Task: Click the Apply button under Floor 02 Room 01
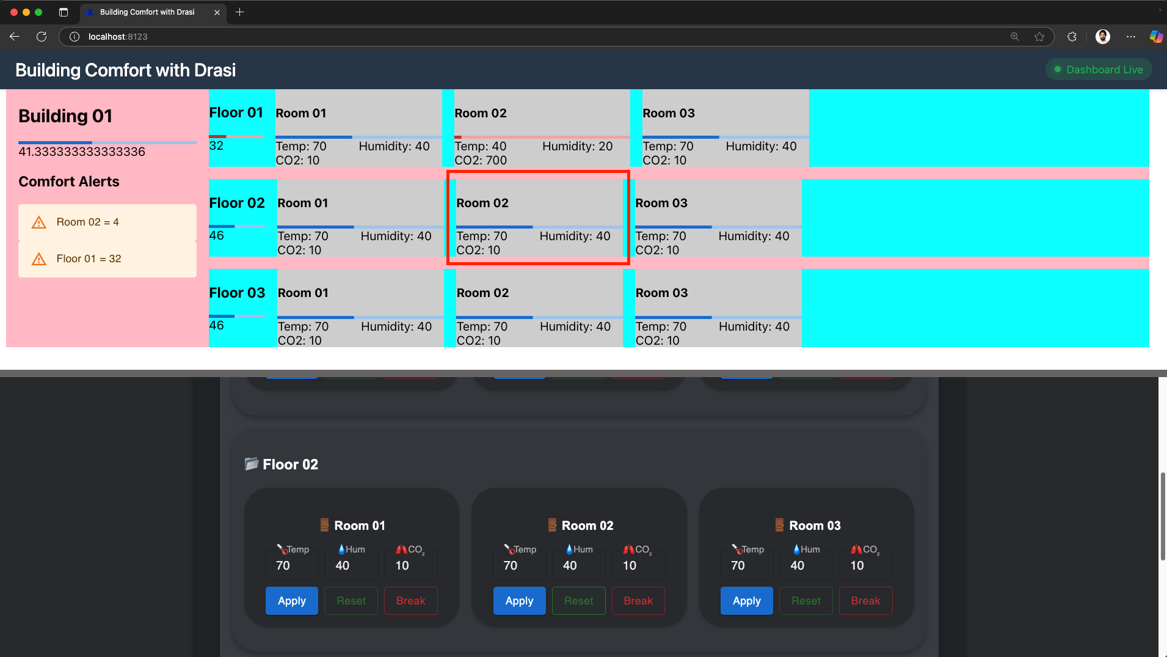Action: [x=291, y=601]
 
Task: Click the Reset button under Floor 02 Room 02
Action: [x=578, y=601]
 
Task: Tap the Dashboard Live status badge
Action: [x=1098, y=70]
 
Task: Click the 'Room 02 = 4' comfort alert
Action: [x=88, y=222]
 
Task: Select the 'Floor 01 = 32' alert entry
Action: [x=89, y=259]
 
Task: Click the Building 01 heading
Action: [x=65, y=116]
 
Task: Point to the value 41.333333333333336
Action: [x=82, y=152]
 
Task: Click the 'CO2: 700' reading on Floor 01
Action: [x=481, y=160]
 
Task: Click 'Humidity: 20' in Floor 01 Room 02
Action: [x=577, y=146]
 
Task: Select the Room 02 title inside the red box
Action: [x=482, y=203]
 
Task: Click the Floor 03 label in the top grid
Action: [x=237, y=293]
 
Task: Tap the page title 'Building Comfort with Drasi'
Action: [x=125, y=70]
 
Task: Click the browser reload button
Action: [x=42, y=37]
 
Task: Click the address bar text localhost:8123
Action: [x=118, y=37]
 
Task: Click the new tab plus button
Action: [x=239, y=12]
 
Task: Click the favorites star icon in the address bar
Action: [x=1039, y=37]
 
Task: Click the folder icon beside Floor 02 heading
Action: [x=251, y=464]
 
